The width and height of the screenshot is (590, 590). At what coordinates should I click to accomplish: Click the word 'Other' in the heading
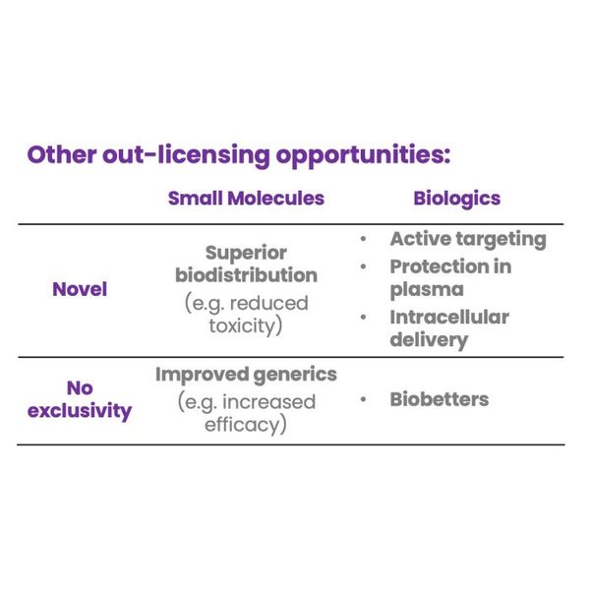[x=62, y=154]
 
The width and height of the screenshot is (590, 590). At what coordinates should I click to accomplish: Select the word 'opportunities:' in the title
[x=363, y=156]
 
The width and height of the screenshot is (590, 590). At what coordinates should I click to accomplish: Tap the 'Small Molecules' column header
[x=246, y=198]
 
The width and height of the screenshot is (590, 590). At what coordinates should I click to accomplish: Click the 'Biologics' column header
[x=457, y=199]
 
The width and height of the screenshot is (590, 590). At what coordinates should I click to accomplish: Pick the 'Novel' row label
[x=80, y=289]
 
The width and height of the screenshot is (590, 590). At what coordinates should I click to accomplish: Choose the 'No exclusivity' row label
[x=80, y=399]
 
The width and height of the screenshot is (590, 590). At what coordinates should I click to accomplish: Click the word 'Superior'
[x=246, y=254]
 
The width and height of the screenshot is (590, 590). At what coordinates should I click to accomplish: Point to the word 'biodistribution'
[x=246, y=275]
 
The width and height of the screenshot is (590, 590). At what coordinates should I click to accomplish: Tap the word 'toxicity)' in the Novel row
[x=245, y=325]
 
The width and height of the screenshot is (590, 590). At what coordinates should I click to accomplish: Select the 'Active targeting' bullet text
[x=468, y=239]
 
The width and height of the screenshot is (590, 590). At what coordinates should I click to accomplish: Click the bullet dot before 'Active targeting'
[x=363, y=239]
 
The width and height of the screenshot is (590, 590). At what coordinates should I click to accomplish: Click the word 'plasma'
[x=427, y=290]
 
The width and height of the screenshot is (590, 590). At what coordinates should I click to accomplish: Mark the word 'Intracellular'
[x=449, y=317]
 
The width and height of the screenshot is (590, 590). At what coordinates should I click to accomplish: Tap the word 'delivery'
[x=429, y=340]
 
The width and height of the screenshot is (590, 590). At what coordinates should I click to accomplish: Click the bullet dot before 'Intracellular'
[x=363, y=318]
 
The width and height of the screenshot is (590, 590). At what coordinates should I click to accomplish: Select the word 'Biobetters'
[x=440, y=399]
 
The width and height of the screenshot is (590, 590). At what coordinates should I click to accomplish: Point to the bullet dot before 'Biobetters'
[x=363, y=399]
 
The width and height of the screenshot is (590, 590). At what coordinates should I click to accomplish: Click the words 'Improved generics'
[x=246, y=376]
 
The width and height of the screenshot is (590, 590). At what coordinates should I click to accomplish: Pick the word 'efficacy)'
[x=246, y=425]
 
